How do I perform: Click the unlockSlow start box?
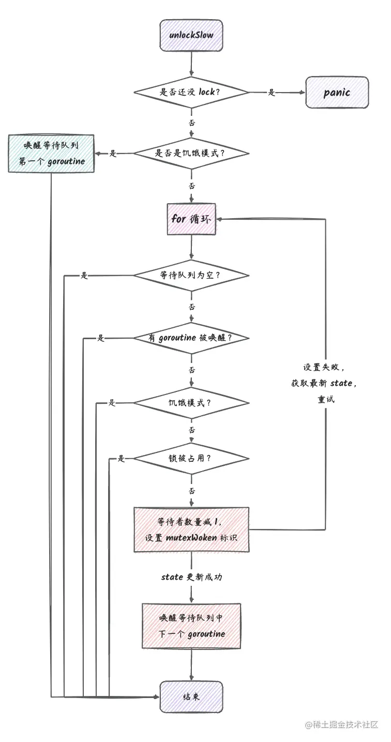tap(191, 35)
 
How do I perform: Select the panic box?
tap(337, 93)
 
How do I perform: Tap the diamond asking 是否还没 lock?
tap(191, 93)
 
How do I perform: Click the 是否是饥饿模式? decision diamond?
tap(191, 154)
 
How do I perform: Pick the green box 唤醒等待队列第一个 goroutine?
tap(51, 154)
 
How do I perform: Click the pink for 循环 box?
tap(191, 219)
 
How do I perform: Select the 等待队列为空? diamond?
tap(191, 276)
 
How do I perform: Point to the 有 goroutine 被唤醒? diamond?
tap(191, 338)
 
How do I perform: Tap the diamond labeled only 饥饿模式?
tap(191, 403)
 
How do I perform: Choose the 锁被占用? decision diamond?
tap(191, 458)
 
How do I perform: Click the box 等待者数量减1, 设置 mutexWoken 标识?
tap(191, 529)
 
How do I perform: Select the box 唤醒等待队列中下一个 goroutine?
tap(191, 626)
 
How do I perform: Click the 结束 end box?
tap(191, 696)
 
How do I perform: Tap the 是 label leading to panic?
tap(272, 93)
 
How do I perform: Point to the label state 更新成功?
tap(191, 577)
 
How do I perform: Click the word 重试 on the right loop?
tap(326, 399)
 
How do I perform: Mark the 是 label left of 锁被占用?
tap(122, 458)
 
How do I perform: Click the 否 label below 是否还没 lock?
tap(192, 123)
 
